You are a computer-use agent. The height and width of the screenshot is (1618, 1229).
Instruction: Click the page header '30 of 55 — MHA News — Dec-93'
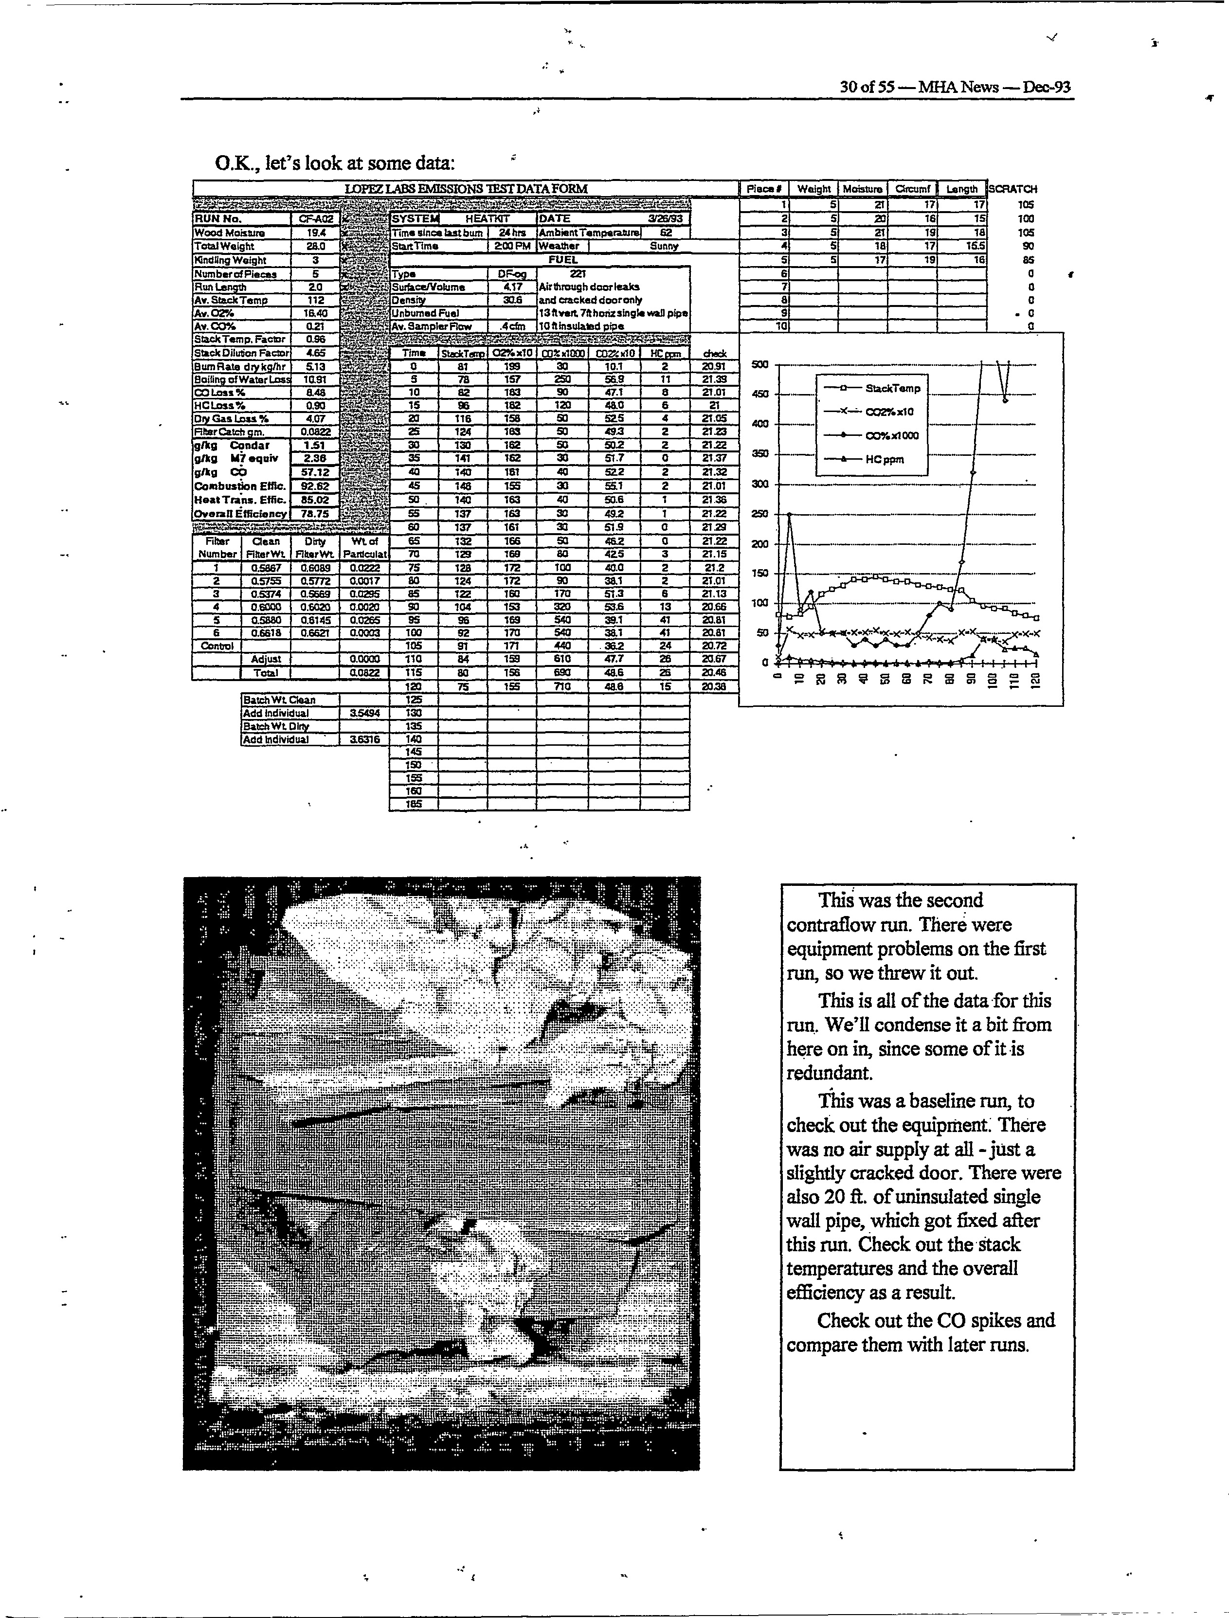[955, 87]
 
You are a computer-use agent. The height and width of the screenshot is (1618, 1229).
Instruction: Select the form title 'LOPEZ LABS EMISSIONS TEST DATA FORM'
[466, 189]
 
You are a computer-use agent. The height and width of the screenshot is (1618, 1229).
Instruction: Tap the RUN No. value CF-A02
[315, 219]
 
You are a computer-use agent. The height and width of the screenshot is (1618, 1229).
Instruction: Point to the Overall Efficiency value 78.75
[315, 514]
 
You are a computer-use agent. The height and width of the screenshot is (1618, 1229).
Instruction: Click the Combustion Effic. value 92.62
[315, 486]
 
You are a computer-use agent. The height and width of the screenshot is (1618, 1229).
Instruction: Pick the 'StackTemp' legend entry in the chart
[892, 388]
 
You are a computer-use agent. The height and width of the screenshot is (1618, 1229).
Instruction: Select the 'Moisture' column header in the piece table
[863, 189]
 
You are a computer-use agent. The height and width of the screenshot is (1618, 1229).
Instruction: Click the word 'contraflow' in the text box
[831, 925]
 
